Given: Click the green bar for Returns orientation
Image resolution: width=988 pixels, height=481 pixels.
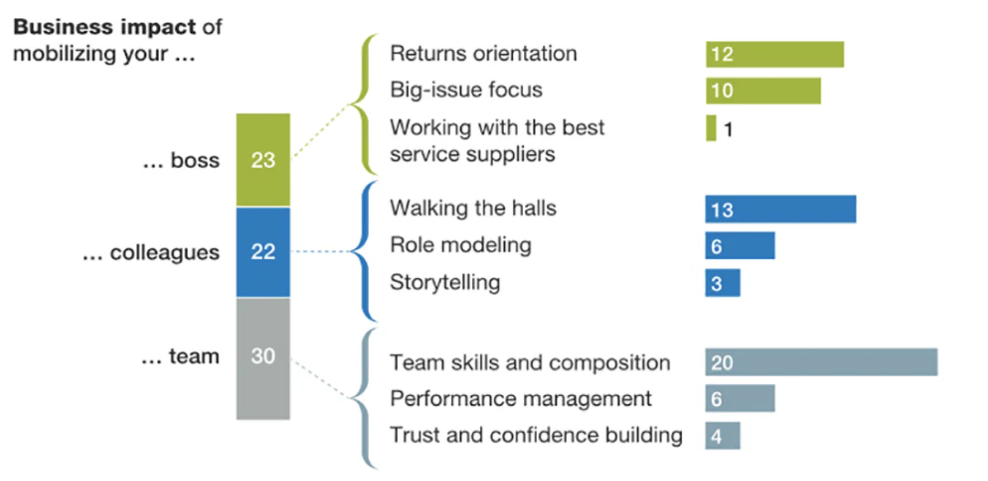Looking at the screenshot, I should pyautogui.click(x=774, y=55).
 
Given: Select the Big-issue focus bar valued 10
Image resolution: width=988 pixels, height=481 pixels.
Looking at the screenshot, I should pyautogui.click(x=763, y=91).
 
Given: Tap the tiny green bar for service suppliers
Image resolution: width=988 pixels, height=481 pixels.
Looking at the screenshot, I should pyautogui.click(x=711, y=128).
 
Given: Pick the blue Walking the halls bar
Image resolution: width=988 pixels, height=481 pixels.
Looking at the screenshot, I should pyautogui.click(x=780, y=209).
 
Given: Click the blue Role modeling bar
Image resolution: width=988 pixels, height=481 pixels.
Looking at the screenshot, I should pyautogui.click(x=739, y=246).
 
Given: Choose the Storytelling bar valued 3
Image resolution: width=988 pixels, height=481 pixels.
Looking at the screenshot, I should pyautogui.click(x=722, y=283).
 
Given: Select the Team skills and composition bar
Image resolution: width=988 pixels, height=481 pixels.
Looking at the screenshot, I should pyautogui.click(x=820, y=362).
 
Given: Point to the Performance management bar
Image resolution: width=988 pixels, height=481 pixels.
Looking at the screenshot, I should pyautogui.click(x=739, y=399).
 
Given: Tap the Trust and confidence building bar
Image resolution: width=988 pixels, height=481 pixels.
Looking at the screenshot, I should pyautogui.click(x=722, y=435).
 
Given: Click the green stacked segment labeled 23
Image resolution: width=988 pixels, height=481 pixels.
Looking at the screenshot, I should pyautogui.click(x=263, y=160).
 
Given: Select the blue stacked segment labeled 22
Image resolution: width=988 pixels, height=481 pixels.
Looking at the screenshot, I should pyautogui.click(x=263, y=252).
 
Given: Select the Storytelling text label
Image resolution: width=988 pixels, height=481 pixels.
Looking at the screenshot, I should pyautogui.click(x=445, y=282).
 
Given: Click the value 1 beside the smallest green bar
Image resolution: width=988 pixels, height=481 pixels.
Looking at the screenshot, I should pyautogui.click(x=728, y=130).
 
